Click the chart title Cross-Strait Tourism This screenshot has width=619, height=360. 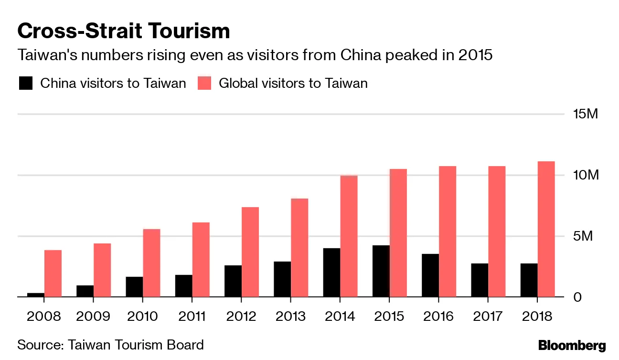coord(124,31)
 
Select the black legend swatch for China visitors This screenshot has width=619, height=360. coord(26,84)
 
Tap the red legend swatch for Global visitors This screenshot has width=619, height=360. coord(204,84)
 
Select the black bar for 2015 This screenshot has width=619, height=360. coord(381,271)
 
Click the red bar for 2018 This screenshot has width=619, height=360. coord(546,229)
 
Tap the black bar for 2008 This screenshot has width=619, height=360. coord(35,295)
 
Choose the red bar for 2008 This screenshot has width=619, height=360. coord(53,274)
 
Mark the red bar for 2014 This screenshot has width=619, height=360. coord(349,236)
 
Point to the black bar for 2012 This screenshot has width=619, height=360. coord(233,281)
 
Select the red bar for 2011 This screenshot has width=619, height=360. coord(201,260)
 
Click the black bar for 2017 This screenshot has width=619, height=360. coord(480,280)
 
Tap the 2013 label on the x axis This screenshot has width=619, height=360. coord(291,317)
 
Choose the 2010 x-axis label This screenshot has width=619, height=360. coord(143,317)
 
